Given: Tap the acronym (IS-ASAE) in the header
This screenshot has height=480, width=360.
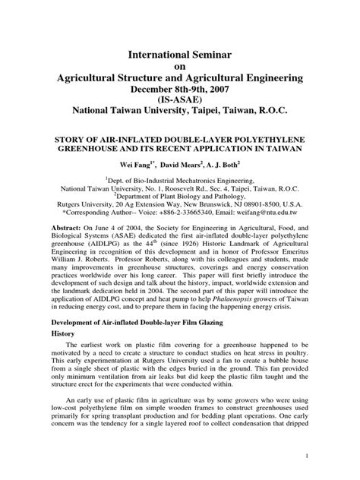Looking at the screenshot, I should pyautogui.click(x=180, y=99).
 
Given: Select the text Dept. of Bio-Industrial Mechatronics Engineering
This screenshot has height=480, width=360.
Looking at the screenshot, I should pyautogui.click(x=183, y=175).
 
